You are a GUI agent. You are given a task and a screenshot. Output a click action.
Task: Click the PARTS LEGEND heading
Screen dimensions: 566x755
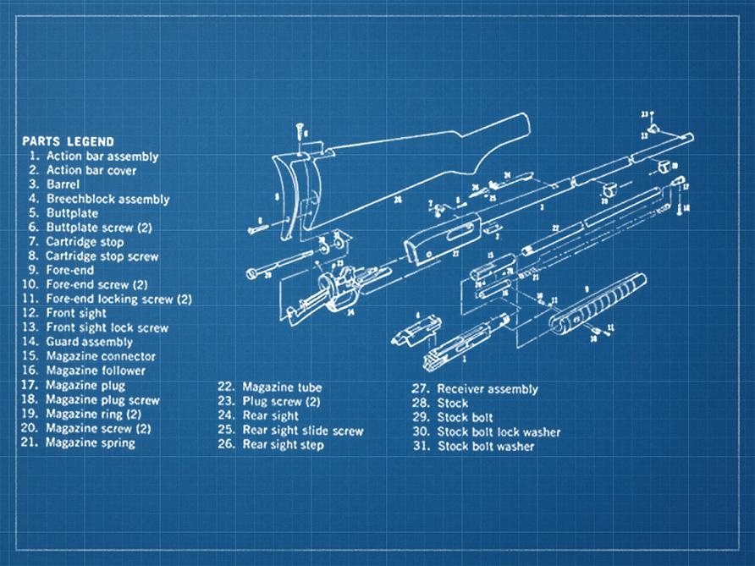[x=68, y=141]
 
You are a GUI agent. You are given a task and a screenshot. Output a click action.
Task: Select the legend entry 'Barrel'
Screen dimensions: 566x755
[x=63, y=184]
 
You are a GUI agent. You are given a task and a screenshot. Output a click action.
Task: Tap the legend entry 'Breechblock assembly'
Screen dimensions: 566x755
[x=107, y=200]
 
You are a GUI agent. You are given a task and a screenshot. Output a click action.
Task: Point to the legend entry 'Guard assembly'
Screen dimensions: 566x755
[x=89, y=342]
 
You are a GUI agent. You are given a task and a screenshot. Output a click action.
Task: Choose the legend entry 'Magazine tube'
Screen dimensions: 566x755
[x=282, y=387]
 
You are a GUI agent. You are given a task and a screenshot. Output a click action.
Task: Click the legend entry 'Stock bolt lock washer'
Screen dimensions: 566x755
[x=499, y=431]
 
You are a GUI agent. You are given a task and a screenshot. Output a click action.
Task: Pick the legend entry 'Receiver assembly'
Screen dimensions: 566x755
[x=487, y=389]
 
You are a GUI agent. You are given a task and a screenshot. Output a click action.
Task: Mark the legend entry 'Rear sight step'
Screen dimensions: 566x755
[x=283, y=445]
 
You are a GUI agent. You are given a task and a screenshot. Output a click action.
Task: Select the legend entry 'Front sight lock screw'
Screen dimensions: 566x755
[x=107, y=327]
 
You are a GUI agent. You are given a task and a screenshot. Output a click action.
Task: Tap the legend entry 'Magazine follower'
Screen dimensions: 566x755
[x=96, y=371]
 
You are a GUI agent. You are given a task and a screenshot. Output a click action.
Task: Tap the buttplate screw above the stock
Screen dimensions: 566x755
[x=300, y=131]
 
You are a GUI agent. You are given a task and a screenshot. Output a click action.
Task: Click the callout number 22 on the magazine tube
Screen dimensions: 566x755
[x=555, y=228]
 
